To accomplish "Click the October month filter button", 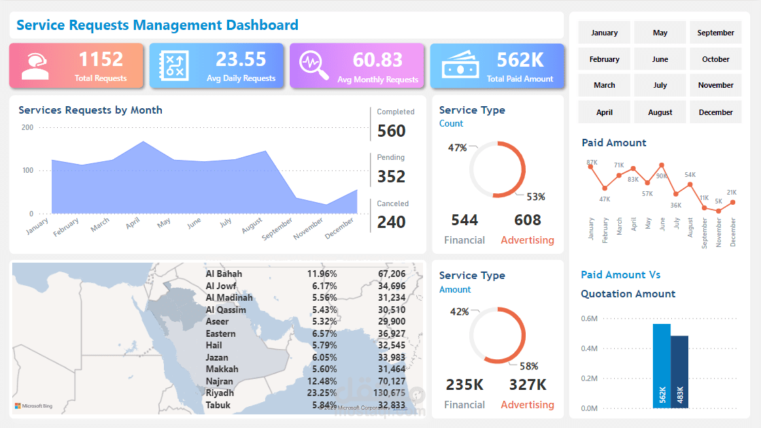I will pyautogui.click(x=715, y=59).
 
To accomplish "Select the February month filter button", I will pyautogui.click(x=604, y=59).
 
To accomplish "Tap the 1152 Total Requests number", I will pyautogui.click(x=101, y=59).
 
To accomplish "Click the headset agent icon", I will pyautogui.click(x=35, y=66).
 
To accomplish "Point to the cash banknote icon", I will pyautogui.click(x=461, y=65).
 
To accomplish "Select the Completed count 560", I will pyautogui.click(x=391, y=131).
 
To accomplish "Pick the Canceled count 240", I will pyautogui.click(x=391, y=222).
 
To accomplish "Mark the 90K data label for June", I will pyautogui.click(x=661, y=176).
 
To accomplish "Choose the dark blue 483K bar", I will pyautogui.click(x=679, y=372).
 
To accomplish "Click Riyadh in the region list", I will pyautogui.click(x=220, y=393).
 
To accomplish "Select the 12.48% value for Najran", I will pyautogui.click(x=322, y=381).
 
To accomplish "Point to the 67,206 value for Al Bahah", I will pyautogui.click(x=392, y=274).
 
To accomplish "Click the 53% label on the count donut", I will pyautogui.click(x=536, y=197).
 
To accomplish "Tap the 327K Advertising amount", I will pyautogui.click(x=527, y=384).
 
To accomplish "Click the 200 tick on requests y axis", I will pyautogui.click(x=27, y=127).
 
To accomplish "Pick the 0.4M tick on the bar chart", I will pyautogui.click(x=589, y=348).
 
